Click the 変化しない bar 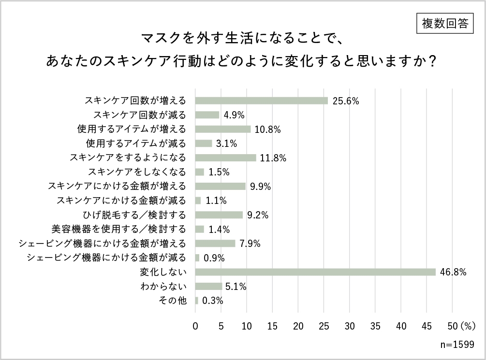(315, 272)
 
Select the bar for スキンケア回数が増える (261, 101)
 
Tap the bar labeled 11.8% (225, 158)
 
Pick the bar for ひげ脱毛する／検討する (219, 215)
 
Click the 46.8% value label (453, 272)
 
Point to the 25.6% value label (345, 101)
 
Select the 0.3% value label (212, 301)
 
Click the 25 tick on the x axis (324, 326)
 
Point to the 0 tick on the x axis (195, 326)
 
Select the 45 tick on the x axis (427, 326)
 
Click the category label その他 (173, 301)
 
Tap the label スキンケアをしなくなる (137, 172)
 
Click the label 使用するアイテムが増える (132, 129)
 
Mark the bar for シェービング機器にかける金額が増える (215, 244)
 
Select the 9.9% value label (260, 187)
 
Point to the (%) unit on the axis (468, 326)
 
